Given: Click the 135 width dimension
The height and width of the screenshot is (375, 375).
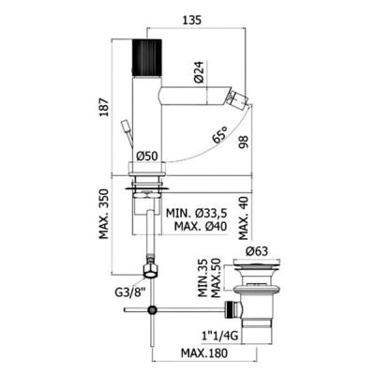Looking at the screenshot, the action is click(x=191, y=20).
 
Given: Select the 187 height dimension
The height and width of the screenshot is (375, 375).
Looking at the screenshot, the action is click(x=105, y=108).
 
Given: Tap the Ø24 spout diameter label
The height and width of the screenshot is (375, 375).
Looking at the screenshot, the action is click(x=199, y=72).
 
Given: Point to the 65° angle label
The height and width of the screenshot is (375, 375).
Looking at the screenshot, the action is click(x=220, y=134).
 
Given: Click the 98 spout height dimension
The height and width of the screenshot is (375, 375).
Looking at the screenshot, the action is click(x=243, y=142).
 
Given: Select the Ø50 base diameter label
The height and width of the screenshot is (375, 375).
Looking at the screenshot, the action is click(x=147, y=156).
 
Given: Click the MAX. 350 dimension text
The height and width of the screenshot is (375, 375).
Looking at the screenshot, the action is click(x=105, y=214).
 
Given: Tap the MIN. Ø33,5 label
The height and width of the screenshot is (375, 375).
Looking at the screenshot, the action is click(x=196, y=214).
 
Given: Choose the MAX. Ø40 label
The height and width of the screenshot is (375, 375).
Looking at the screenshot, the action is click(x=201, y=226).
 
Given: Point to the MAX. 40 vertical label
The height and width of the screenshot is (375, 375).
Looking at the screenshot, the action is click(x=243, y=218).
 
